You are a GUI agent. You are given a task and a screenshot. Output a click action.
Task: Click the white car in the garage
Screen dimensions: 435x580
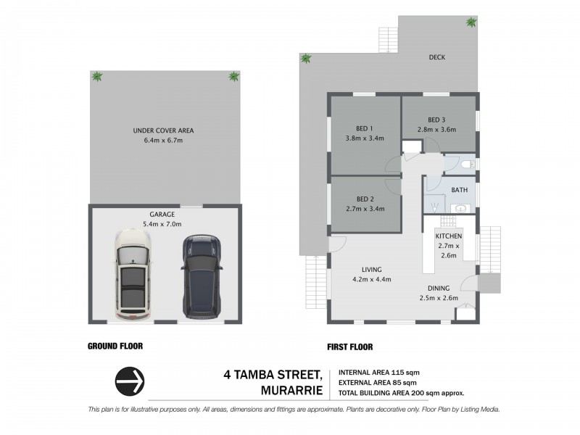point(132,276)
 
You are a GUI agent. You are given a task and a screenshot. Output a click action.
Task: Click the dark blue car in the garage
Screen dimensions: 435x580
point(199,276)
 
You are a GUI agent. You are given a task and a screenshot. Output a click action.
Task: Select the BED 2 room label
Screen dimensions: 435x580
point(364,199)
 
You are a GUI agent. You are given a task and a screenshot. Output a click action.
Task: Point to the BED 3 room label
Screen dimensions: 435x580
point(435,120)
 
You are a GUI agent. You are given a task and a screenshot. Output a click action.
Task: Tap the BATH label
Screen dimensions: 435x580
point(459,190)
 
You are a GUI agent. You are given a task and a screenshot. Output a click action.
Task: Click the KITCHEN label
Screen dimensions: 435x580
point(449,237)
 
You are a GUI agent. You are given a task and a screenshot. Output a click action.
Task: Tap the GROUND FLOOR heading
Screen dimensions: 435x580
point(115,347)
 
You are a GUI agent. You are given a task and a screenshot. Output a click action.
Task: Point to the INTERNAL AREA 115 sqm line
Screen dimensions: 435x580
point(379,373)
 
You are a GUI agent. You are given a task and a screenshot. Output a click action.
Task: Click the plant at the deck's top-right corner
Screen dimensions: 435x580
point(471,23)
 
